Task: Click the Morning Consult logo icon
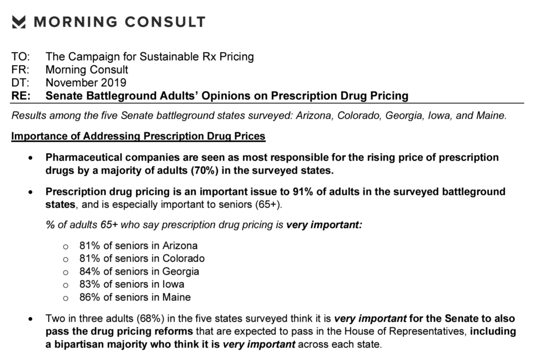(x=19, y=22)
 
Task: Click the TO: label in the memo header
(x=20, y=57)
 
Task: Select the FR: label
(x=20, y=70)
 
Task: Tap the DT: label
(x=20, y=83)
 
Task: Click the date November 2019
(x=86, y=83)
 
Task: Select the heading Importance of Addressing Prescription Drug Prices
(x=138, y=136)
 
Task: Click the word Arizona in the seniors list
(x=180, y=245)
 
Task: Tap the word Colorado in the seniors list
(x=183, y=258)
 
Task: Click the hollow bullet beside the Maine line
(x=66, y=298)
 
